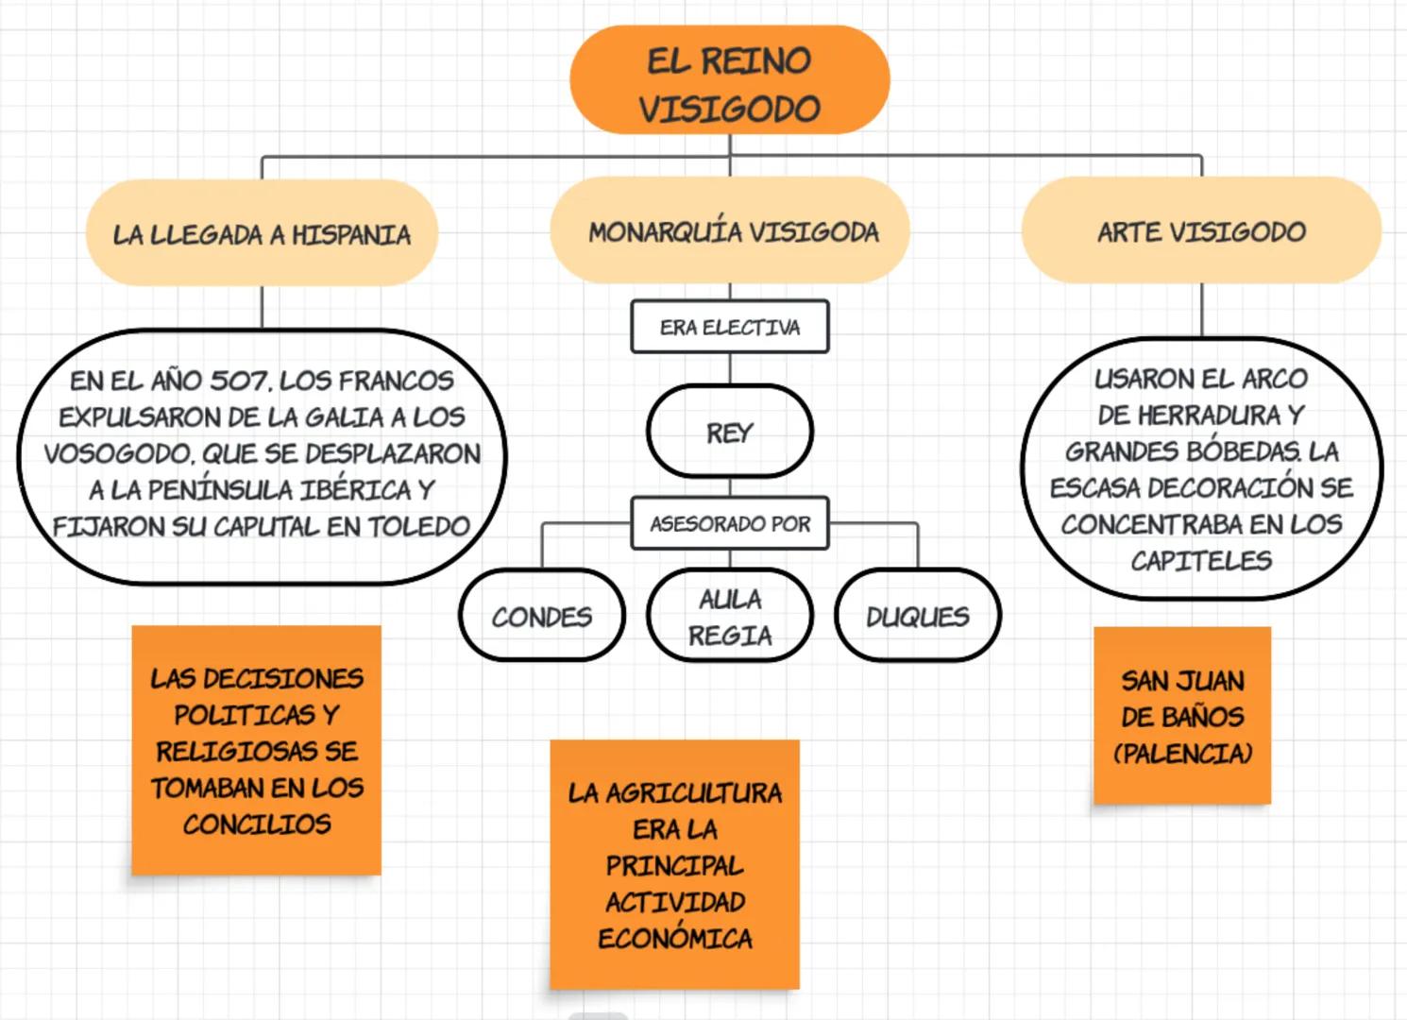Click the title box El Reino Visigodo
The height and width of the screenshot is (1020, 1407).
tap(729, 81)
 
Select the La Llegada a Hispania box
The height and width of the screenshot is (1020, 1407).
tap(262, 233)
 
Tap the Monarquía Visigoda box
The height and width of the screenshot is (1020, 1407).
tap(730, 231)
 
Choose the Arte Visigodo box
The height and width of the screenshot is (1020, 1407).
tap(1201, 231)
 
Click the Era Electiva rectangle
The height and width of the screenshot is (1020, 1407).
tap(730, 327)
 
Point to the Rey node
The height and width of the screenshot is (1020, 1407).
tap(730, 432)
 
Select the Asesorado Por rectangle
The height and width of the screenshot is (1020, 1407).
tap(730, 523)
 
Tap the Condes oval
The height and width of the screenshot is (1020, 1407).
tap(542, 616)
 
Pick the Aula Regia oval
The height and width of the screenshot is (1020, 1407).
tap(730, 616)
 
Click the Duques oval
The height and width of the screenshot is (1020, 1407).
tap(917, 616)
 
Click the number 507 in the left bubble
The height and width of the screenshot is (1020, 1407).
tap(239, 381)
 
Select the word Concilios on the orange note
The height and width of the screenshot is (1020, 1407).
tap(257, 824)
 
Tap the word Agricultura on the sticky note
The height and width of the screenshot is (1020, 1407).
tap(694, 792)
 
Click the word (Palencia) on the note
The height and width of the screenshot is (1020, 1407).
tap(1182, 754)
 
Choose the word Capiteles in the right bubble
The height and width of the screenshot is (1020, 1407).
tap(1201, 561)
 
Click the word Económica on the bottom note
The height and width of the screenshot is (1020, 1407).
tap(675, 939)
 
